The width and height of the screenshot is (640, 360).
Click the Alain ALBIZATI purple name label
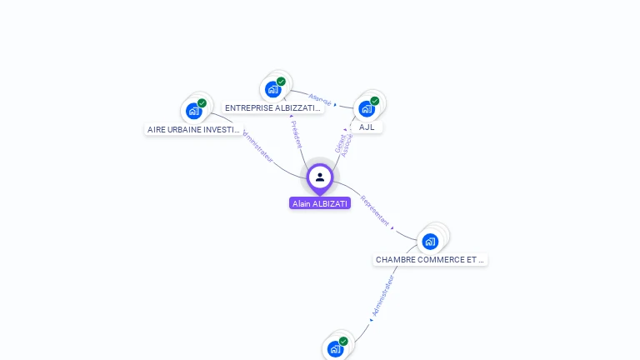tap(320, 203)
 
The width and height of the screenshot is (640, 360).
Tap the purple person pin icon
tap(320, 177)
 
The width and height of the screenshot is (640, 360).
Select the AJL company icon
tap(366, 108)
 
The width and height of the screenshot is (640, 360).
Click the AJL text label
tap(367, 127)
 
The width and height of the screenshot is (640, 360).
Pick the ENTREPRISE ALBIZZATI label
tap(272, 108)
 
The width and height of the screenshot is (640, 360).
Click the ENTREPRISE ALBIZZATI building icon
tap(272, 89)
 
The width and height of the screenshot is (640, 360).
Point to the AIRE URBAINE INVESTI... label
tap(193, 130)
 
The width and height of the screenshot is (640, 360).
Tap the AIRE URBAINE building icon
tap(193, 111)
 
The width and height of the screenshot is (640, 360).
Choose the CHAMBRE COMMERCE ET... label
tap(430, 260)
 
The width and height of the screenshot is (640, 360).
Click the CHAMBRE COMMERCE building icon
tap(430, 242)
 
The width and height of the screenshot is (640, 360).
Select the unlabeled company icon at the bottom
tap(335, 349)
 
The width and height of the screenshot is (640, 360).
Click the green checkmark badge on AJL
tap(375, 101)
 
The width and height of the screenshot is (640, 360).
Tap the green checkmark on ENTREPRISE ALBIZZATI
tap(282, 82)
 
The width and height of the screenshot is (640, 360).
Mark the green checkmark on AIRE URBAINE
tap(202, 103)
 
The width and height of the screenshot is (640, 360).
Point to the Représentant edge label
tap(374, 211)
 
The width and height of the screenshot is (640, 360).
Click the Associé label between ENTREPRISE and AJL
tap(320, 98)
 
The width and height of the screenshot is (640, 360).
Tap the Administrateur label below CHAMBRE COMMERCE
tap(382, 297)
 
